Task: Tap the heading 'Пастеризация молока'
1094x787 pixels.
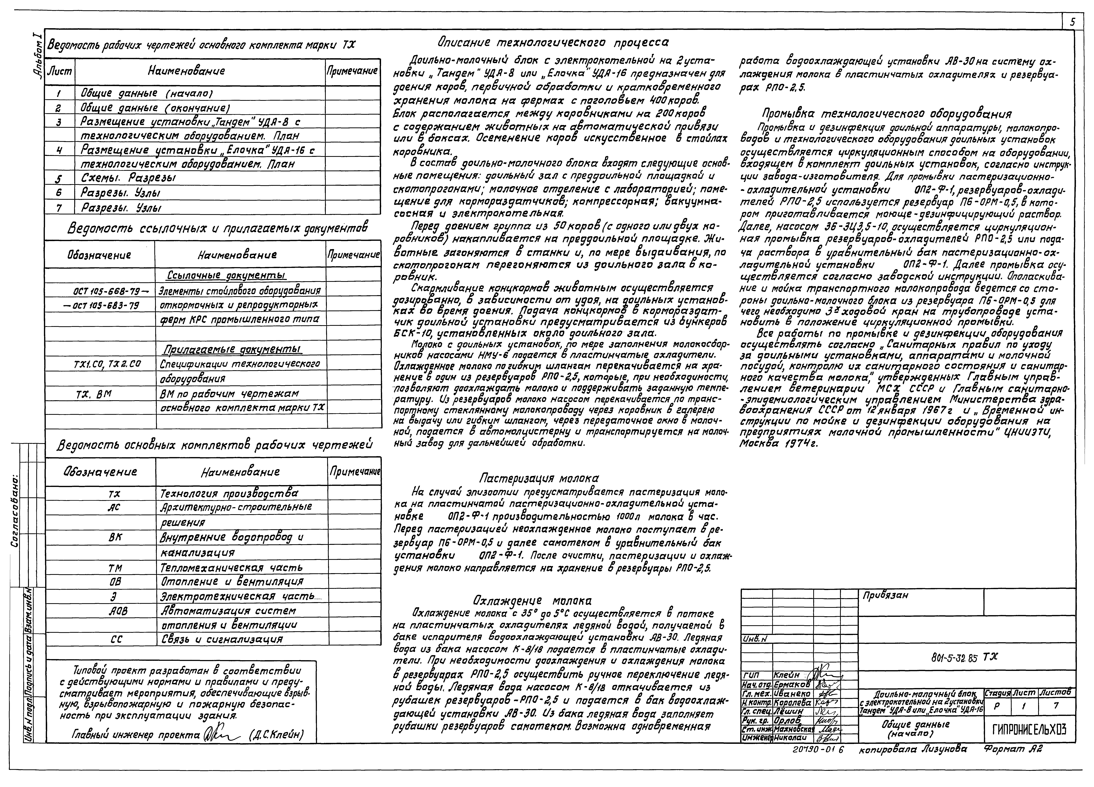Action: [539, 478]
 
